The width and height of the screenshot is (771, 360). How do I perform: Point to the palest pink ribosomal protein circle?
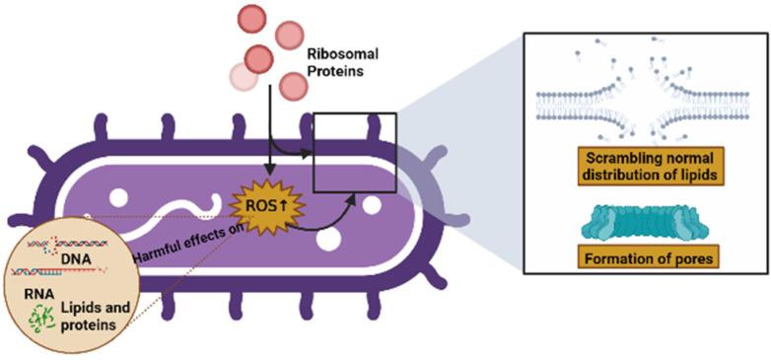tap(243, 76)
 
